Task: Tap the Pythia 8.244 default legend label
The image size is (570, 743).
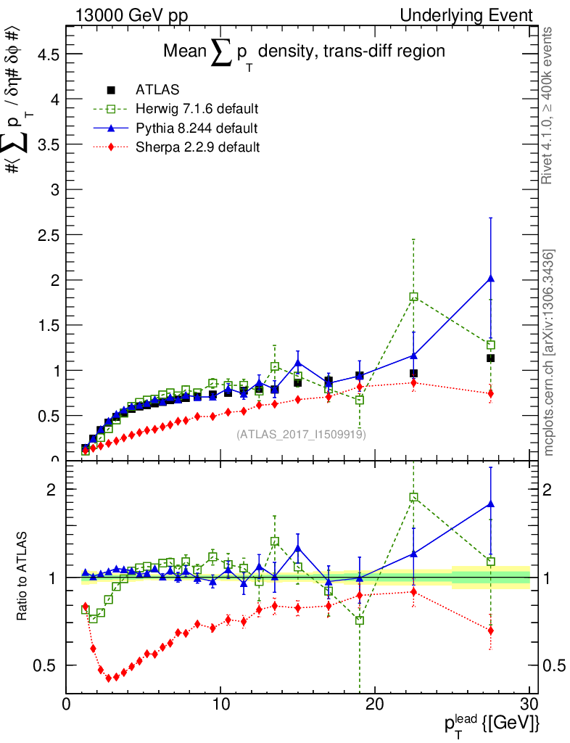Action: point(196,128)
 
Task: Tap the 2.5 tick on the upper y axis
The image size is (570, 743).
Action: point(46,235)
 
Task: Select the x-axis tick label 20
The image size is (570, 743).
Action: point(375,705)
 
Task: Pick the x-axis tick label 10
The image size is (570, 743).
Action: point(220,705)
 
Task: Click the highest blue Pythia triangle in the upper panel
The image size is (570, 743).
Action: point(491,279)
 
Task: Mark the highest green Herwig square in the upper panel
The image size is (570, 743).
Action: point(413,297)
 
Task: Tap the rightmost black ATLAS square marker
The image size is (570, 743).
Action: point(491,358)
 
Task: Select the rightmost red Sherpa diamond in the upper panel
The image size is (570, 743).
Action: point(491,393)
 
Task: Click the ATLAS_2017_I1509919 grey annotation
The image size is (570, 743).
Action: point(301,435)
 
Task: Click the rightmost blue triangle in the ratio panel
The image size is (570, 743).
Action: point(491,504)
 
